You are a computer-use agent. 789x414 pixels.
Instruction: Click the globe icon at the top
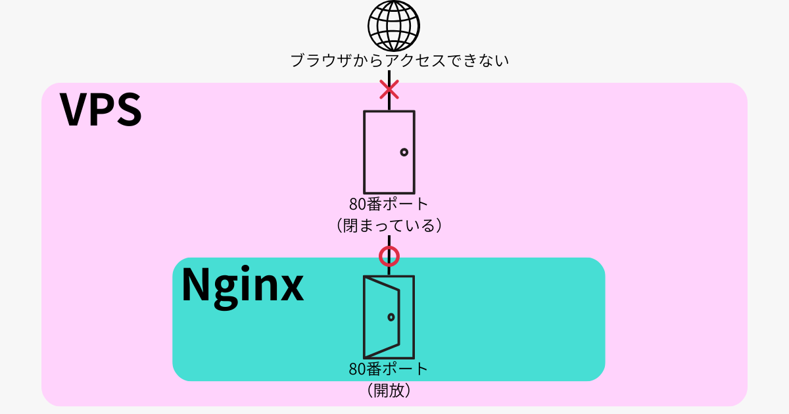coord(393,26)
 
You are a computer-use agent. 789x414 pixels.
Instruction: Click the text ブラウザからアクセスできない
coord(400,60)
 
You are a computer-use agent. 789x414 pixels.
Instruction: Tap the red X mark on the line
coord(389,89)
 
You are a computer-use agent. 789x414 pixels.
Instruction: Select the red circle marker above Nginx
coord(389,255)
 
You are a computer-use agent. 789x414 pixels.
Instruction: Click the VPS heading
coord(101,110)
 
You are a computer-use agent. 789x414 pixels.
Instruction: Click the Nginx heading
coord(242,285)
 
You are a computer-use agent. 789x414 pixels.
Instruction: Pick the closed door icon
coord(389,152)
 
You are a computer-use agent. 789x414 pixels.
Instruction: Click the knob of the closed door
coord(404,152)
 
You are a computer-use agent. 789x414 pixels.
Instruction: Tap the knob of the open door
coord(391,317)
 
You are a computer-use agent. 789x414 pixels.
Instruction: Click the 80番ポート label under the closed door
coord(389,204)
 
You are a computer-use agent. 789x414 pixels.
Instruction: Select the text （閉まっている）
coord(389,225)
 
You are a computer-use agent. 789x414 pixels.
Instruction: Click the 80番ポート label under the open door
coord(389,369)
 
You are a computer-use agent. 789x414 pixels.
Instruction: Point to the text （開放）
coord(389,390)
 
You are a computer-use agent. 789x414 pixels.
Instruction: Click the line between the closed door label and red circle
coord(389,241)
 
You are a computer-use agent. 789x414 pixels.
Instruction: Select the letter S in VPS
coord(128,110)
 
